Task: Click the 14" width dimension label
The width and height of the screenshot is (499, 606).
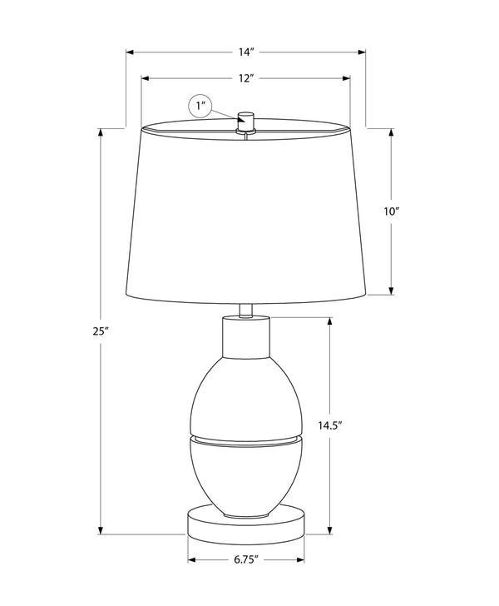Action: pyautogui.click(x=245, y=52)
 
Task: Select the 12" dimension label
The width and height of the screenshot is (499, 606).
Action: pyautogui.click(x=245, y=78)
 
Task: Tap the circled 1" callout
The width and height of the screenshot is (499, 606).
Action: pyautogui.click(x=200, y=107)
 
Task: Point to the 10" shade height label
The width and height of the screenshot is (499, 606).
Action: pyautogui.click(x=392, y=211)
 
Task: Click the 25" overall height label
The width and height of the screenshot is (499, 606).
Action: pyautogui.click(x=101, y=331)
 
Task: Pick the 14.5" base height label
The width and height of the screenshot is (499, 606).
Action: pyautogui.click(x=330, y=425)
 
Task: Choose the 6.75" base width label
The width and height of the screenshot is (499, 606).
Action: pyautogui.click(x=246, y=560)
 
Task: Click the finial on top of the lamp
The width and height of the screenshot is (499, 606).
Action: pyautogui.click(x=245, y=120)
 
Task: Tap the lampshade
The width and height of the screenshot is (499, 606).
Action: pyautogui.click(x=245, y=216)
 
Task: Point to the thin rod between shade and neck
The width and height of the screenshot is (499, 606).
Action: pyautogui.click(x=245, y=310)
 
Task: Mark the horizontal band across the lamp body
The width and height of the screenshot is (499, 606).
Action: pyautogui.click(x=245, y=439)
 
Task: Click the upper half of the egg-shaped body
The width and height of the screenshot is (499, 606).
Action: pyautogui.click(x=245, y=395)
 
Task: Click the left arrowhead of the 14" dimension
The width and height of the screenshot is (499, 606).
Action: pyautogui.click(x=130, y=52)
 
